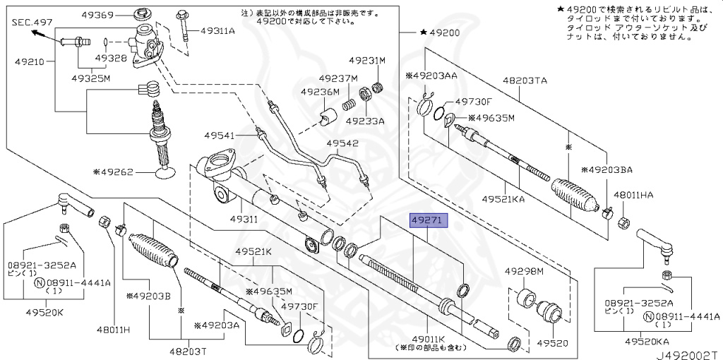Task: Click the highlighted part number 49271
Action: click(429, 220)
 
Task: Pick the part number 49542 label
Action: click(342, 143)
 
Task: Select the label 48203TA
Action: click(525, 81)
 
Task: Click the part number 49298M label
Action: click(524, 271)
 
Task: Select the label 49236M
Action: click(320, 92)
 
